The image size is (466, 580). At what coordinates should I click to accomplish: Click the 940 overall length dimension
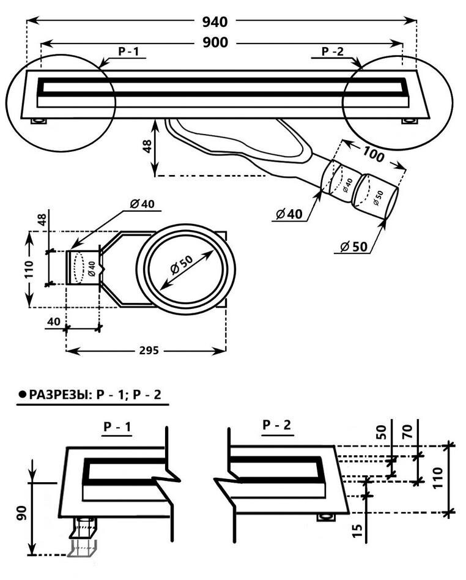click(215, 22)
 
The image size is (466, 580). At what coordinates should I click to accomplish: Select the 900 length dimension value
click(215, 42)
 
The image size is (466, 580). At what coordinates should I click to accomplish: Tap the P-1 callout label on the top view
click(128, 52)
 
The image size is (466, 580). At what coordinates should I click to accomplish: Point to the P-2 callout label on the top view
click(333, 52)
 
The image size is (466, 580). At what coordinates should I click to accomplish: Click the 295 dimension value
click(149, 351)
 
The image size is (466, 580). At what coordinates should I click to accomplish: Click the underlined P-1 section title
click(117, 428)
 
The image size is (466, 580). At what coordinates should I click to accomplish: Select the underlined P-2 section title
click(276, 425)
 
